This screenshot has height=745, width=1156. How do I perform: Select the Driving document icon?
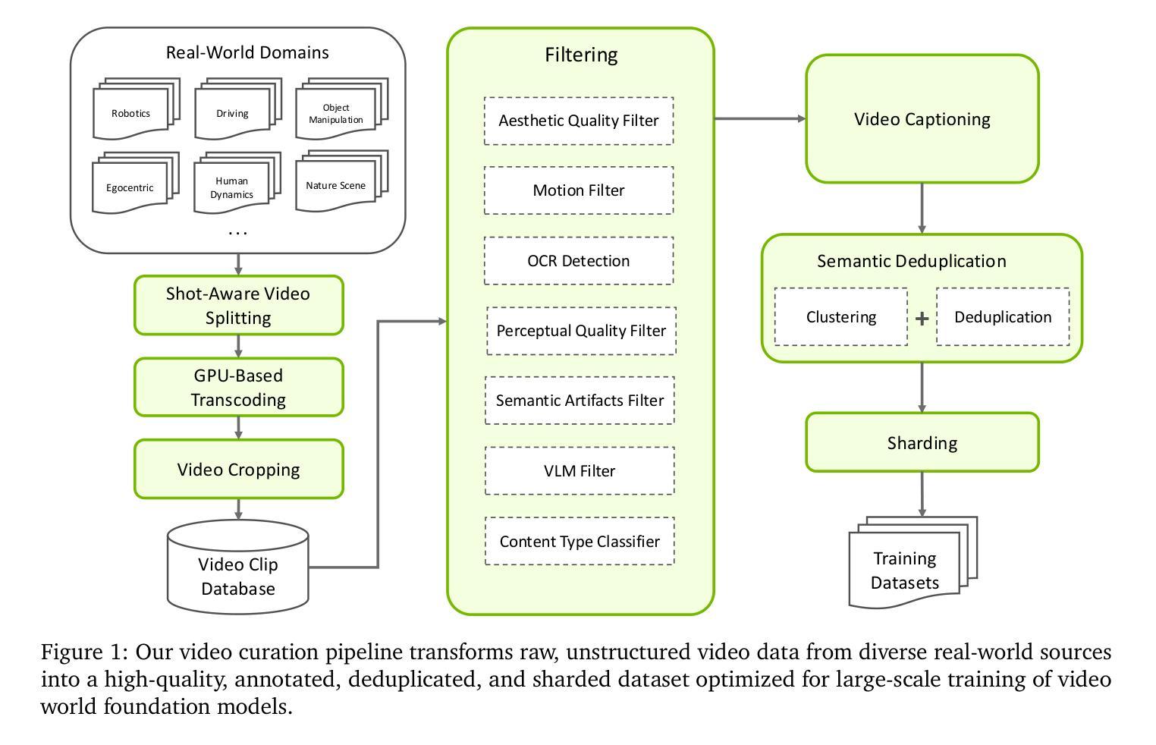point(234,112)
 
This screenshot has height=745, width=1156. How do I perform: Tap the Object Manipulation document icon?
point(338,112)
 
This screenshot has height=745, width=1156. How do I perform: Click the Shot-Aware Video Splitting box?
point(238,305)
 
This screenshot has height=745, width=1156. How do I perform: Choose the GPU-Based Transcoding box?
point(238,387)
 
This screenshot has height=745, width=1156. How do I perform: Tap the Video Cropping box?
point(238,469)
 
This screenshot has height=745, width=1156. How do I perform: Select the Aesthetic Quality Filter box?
point(578,121)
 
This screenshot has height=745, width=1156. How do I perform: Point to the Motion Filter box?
point(578,190)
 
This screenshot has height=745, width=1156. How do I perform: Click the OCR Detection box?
point(578,261)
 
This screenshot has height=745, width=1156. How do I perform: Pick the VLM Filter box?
point(579,470)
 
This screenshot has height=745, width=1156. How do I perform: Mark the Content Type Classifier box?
point(579,541)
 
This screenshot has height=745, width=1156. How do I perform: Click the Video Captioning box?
point(922,119)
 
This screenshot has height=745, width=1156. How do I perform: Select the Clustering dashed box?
point(840,317)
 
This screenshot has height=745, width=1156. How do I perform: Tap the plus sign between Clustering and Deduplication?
point(922,319)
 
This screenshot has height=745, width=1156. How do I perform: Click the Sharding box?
point(922,442)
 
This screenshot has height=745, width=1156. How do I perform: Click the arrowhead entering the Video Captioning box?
point(800,118)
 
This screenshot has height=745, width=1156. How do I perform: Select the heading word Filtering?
point(581,55)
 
